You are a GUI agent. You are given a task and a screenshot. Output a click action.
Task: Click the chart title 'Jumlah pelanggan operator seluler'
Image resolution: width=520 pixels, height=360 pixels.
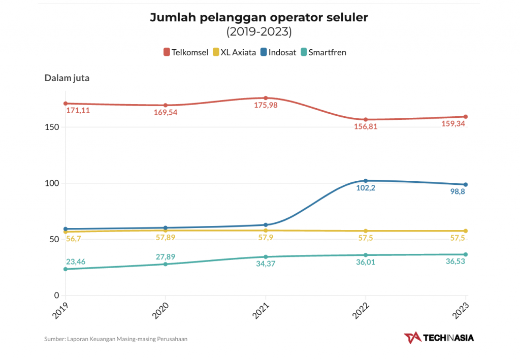(x=259, y=17)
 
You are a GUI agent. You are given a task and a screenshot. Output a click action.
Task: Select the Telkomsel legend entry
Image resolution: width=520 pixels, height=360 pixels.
(x=186, y=52)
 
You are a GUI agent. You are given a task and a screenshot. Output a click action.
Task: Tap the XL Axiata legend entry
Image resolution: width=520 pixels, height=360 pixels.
(x=234, y=52)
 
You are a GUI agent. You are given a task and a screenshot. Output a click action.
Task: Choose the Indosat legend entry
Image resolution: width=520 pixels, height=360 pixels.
(x=278, y=52)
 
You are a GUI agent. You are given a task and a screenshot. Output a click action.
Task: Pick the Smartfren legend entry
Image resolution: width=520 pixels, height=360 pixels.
(x=323, y=52)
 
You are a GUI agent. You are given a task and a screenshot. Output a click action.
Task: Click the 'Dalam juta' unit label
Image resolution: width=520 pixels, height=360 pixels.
(x=67, y=78)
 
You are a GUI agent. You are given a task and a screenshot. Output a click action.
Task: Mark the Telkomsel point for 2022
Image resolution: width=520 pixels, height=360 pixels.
(x=366, y=120)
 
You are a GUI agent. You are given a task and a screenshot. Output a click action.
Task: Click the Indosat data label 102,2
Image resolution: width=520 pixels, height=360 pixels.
(x=366, y=188)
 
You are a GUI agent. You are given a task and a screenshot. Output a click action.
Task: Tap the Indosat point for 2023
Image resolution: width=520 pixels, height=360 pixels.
(x=466, y=184)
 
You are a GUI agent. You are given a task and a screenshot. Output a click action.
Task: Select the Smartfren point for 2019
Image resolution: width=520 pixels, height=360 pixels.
(x=66, y=269)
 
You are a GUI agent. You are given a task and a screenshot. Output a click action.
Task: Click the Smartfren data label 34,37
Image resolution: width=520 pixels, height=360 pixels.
(x=266, y=264)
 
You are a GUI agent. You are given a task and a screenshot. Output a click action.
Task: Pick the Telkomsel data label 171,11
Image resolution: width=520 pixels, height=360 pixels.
(x=78, y=110)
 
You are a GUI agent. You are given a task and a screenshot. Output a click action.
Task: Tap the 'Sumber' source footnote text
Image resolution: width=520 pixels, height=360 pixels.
(x=116, y=339)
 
